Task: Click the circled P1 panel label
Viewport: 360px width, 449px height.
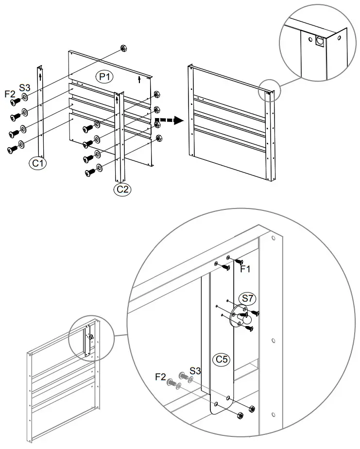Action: [x=103, y=76]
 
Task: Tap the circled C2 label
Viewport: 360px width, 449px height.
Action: [x=122, y=189]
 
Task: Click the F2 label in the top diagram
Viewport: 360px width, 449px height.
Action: [x=10, y=93]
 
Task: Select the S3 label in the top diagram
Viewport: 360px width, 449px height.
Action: [x=25, y=88]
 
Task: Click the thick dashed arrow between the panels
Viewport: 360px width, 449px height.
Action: [x=165, y=120]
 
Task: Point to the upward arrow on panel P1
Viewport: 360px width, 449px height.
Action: [x=140, y=79]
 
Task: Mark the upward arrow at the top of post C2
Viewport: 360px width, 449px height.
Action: [x=117, y=99]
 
